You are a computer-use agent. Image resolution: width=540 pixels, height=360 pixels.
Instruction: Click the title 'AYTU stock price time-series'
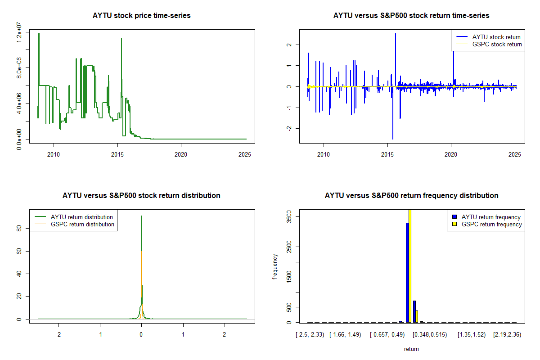coord(141,16)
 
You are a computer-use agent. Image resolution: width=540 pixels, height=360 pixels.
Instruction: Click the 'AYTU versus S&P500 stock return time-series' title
coord(411,16)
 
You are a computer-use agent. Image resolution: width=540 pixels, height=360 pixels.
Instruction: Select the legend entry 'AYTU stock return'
coord(496,37)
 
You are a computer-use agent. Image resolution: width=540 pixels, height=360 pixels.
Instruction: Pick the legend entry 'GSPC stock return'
coord(497,45)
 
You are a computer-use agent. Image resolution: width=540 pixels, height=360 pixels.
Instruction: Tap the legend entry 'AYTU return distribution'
coord(82,217)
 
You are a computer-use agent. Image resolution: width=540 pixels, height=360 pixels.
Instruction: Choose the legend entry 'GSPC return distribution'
coord(82,225)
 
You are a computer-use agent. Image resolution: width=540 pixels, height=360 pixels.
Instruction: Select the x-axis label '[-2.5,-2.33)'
coord(309,335)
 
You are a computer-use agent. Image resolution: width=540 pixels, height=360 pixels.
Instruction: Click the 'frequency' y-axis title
coord(275,267)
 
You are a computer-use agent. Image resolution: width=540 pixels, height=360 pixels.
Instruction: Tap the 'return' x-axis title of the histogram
coord(411,349)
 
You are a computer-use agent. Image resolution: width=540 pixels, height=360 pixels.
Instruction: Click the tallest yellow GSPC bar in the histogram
coord(410,265)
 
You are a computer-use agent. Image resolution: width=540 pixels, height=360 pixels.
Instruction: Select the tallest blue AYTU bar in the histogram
coord(407,272)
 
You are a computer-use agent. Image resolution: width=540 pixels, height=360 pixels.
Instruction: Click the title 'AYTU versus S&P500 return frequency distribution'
coord(411,196)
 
